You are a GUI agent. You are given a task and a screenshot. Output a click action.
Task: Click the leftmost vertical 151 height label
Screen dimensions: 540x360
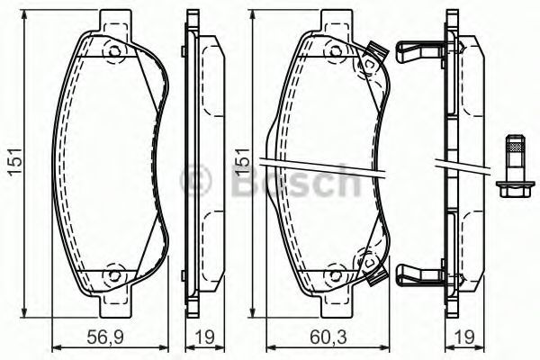(15, 162)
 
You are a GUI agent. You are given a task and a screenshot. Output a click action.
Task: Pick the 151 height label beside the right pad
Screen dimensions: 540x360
(242, 161)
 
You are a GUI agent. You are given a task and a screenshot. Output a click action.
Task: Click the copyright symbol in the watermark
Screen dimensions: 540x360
(195, 180)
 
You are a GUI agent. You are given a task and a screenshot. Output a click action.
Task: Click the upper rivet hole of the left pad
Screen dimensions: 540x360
(114, 52)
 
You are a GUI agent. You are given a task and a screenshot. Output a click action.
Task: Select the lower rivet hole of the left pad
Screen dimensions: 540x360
(114, 274)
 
